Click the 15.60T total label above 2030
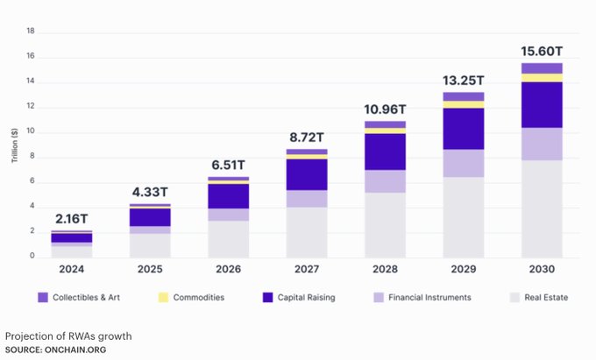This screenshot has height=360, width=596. coord(541,52)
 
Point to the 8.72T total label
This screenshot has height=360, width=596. coord(306,138)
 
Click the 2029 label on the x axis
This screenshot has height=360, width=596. coord(463,270)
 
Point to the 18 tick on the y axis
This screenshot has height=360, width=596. coord(31,32)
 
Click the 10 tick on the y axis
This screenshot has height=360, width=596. coord(31,132)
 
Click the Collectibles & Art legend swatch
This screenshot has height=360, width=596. coord(42,298)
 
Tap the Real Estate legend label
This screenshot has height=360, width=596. coord(545,298)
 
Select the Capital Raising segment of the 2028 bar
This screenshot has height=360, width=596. coord(385,152)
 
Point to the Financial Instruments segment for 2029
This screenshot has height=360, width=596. coord(463,163)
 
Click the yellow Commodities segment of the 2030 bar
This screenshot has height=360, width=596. coord(541,78)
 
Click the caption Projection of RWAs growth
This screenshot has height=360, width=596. coord(68,336)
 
